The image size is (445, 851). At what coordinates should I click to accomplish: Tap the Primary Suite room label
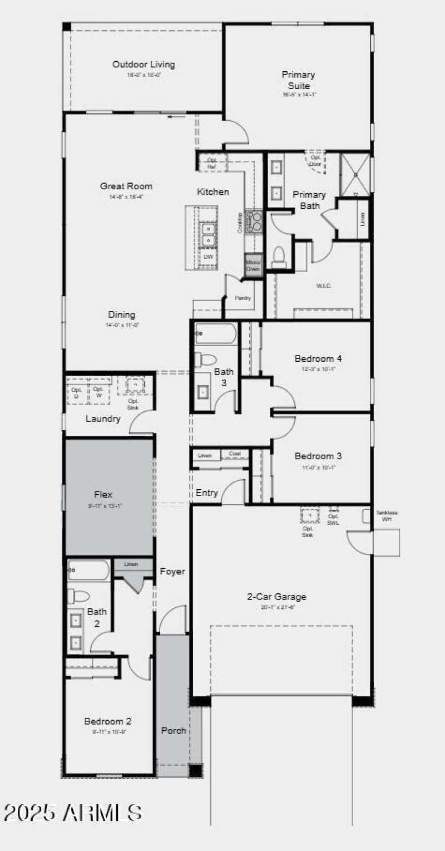[x=298, y=80]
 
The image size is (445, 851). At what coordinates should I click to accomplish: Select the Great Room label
[x=126, y=186]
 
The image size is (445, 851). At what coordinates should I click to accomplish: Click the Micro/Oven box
[x=253, y=265]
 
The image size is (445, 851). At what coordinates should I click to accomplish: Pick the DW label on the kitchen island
[x=208, y=257]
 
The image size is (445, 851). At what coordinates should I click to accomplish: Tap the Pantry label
[x=243, y=298]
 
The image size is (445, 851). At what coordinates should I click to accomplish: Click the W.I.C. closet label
[x=324, y=286]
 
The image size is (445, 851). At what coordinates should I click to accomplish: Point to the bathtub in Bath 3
[x=216, y=333]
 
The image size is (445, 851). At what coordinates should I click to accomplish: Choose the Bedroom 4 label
[x=314, y=358]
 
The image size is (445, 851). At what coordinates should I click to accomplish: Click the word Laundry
[x=103, y=419]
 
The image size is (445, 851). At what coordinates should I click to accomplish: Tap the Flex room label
[x=103, y=494]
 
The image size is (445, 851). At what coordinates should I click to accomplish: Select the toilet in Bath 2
[x=79, y=596]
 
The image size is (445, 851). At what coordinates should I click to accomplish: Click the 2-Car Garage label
[x=276, y=597]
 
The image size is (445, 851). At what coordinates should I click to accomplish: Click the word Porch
[x=174, y=730]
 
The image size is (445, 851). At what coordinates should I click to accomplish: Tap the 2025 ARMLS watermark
[x=72, y=813]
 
